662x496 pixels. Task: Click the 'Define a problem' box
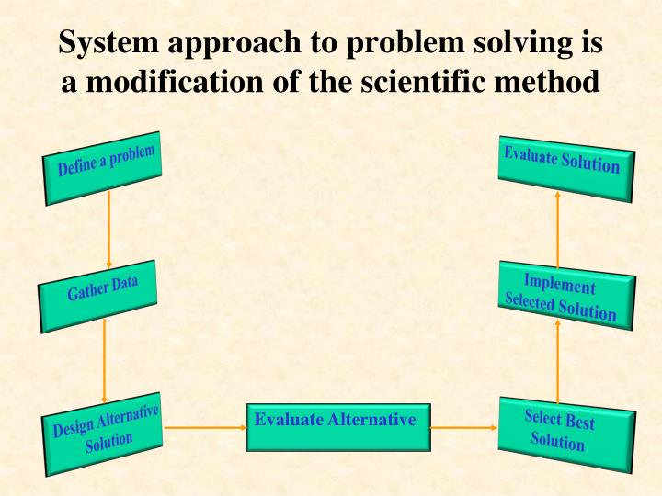103,165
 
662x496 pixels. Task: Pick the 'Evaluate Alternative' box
337,425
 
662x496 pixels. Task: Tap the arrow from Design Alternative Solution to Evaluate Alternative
204,427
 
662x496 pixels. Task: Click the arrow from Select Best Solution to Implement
558,364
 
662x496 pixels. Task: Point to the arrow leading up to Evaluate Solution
558,225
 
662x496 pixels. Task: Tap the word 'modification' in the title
165,83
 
